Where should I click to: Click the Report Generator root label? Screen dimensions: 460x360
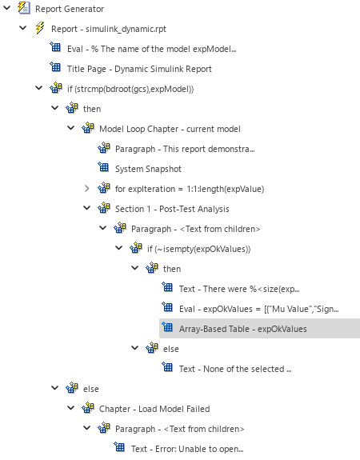click(x=70, y=9)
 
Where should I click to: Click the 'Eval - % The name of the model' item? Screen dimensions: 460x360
click(x=151, y=49)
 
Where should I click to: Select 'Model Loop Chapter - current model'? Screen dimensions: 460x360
click(x=170, y=129)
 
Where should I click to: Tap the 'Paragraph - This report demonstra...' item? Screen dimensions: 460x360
click(x=185, y=149)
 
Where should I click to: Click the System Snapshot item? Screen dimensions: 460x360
click(x=148, y=169)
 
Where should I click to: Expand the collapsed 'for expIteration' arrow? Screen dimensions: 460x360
click(x=87, y=189)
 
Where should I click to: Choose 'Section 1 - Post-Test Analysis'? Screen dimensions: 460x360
click(x=172, y=209)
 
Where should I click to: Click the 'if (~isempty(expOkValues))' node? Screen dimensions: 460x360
click(x=198, y=249)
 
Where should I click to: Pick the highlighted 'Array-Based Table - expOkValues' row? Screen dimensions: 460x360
click(x=242, y=328)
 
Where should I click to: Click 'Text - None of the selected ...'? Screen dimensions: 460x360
click(x=235, y=368)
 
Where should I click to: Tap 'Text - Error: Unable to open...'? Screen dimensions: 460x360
click(x=187, y=448)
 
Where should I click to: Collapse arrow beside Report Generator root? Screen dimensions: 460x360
click(x=7, y=9)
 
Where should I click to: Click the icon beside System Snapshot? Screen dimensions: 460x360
click(x=103, y=169)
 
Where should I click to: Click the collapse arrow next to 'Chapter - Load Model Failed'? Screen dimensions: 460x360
click(x=71, y=408)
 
